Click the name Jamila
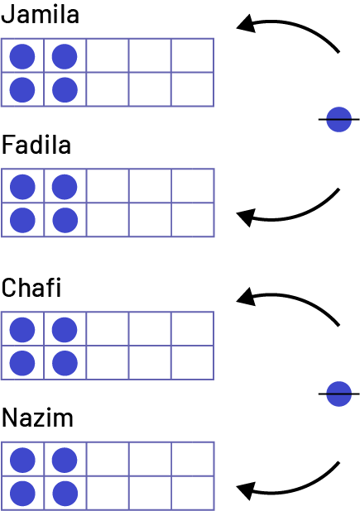click(40, 14)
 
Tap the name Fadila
click(36, 145)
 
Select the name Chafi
click(31, 288)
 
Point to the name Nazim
click(37, 418)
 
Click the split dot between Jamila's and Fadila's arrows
click(338, 120)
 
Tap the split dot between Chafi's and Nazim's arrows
click(338, 394)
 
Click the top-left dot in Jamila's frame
click(22, 57)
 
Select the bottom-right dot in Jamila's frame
click(65, 90)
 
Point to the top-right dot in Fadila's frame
click(65, 187)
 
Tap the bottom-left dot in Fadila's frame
click(22, 220)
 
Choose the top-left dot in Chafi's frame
click(22, 330)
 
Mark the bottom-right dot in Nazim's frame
click(65, 494)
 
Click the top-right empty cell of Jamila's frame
click(192, 55)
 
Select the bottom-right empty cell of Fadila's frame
click(193, 220)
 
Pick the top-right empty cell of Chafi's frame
click(192, 329)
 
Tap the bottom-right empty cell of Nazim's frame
click(193, 493)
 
